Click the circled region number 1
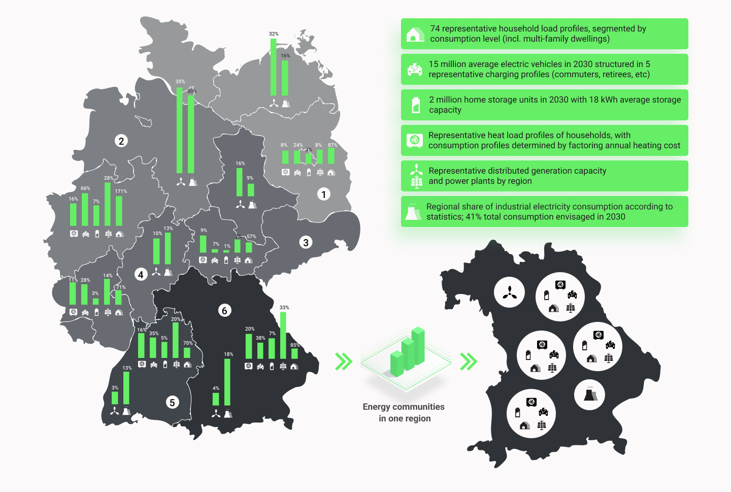coord(324,194)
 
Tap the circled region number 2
coord(121,141)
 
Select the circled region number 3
coord(306,243)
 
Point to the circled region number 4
coord(141,275)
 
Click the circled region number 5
coord(172,402)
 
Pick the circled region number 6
coord(224,310)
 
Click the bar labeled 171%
coord(119,211)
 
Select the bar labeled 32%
coord(274,67)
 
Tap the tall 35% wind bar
coord(180,130)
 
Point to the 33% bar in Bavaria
coord(283,335)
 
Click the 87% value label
coord(333,145)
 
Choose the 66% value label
coord(85,188)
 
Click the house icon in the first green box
coord(415,34)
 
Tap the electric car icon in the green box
coord(415,70)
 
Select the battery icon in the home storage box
coord(416,105)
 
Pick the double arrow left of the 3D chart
coord(344,362)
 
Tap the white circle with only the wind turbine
coord(509,292)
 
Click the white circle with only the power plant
coord(589,395)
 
